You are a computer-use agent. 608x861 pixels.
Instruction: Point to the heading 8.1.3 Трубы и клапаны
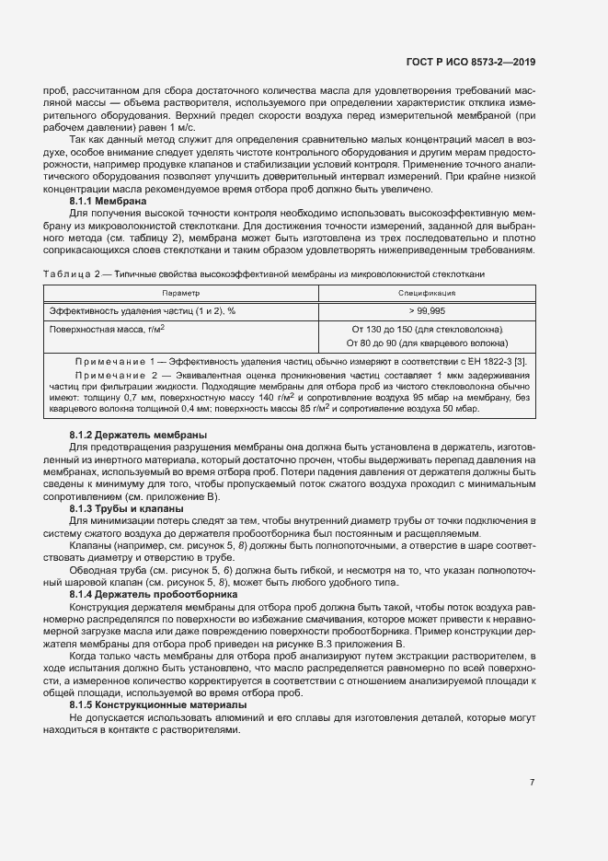(126, 508)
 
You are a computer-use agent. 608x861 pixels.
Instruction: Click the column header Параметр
(180, 292)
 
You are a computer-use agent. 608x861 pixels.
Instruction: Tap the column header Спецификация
(423, 292)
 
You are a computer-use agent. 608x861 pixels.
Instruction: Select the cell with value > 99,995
(423, 310)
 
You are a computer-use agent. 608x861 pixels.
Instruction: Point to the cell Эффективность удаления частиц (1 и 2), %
(142, 310)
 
